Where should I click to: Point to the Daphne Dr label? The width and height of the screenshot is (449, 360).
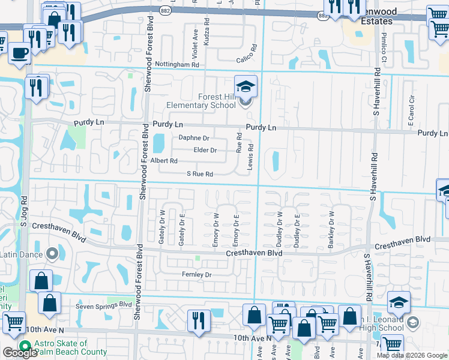coord(193,138)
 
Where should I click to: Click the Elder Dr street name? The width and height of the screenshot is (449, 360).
coord(205,150)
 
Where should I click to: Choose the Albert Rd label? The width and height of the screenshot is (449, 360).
coord(164,161)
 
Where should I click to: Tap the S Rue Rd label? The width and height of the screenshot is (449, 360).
coord(200,174)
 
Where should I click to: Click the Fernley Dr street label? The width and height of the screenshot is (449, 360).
coord(197,275)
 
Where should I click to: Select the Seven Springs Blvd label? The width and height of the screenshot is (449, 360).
coord(103,304)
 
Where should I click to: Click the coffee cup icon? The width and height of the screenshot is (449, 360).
coord(20,53)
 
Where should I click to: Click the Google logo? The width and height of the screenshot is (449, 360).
coord(19,353)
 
